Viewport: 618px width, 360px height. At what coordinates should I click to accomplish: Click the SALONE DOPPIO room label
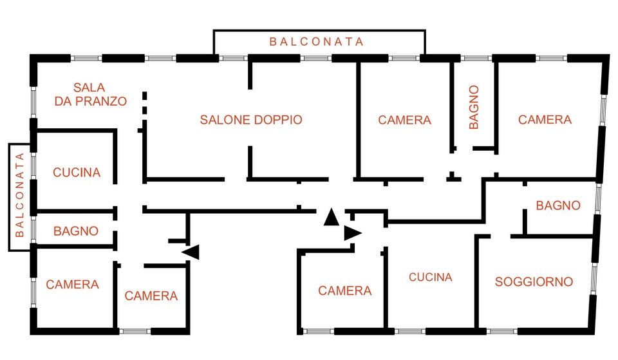pos(251,120)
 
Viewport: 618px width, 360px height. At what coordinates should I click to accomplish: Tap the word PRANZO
pos(101,101)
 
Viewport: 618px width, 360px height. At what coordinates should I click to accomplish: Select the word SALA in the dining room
pos(89,87)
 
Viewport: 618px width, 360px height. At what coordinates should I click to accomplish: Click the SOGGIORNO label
pos(534,281)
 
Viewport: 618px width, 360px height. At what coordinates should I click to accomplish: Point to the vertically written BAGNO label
pos(474,107)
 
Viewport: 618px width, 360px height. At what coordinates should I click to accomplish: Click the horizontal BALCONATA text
pos(317,42)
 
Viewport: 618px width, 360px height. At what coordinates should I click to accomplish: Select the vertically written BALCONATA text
pos(20,194)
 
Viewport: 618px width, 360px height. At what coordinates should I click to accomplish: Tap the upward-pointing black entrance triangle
pos(331,216)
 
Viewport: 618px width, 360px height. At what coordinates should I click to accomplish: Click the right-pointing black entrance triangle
pos(353,233)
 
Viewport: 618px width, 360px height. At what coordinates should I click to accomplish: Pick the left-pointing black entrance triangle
pos(191,252)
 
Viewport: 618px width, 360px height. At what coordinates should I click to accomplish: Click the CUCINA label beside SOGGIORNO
pos(431,277)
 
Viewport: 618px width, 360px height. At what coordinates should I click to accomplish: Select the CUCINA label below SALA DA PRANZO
pos(77,173)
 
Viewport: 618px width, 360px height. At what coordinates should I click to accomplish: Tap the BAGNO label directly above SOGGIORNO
pos(558,205)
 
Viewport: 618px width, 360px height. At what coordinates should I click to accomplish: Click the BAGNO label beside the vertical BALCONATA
pos(76,231)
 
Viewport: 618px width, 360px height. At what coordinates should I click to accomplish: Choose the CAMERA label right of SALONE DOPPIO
pos(405,120)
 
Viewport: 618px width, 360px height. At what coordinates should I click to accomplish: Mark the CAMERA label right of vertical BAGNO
pos(545,120)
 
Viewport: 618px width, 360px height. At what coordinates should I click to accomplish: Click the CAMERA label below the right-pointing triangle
pos(345,290)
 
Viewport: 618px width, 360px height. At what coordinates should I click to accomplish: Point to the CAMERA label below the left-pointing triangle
pos(151,296)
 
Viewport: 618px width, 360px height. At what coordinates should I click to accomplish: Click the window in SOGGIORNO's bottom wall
pos(502,331)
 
